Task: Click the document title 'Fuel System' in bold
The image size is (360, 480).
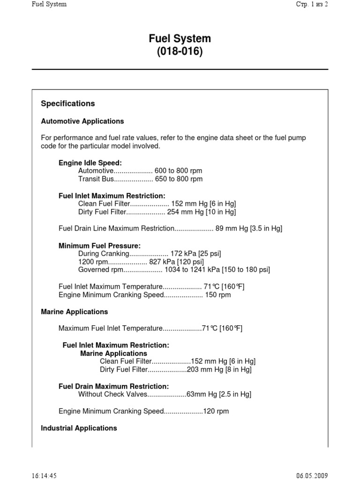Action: pyautogui.click(x=180, y=38)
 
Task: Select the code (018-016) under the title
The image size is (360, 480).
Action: pyautogui.click(x=180, y=52)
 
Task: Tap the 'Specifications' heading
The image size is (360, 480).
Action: pyautogui.click(x=68, y=104)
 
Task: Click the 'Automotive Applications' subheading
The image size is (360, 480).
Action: pyautogui.click(x=82, y=121)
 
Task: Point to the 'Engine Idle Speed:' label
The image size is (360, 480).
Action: pyautogui.click(x=90, y=163)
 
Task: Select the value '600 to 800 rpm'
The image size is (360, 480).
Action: pyautogui.click(x=181, y=171)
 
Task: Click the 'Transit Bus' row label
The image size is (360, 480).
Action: pyautogui.click(x=96, y=179)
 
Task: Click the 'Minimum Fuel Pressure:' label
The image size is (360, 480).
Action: pyautogui.click(x=99, y=246)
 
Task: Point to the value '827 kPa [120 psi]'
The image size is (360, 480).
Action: pyautogui.click(x=176, y=262)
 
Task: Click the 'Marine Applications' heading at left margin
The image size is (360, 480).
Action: pyautogui.click(x=75, y=312)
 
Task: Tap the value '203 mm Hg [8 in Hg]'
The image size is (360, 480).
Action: pyautogui.click(x=219, y=369)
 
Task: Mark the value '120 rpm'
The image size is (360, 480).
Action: pyautogui.click(x=216, y=411)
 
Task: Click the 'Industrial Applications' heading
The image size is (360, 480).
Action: pyautogui.click(x=79, y=428)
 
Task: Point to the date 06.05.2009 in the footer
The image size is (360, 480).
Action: pyautogui.click(x=312, y=475)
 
